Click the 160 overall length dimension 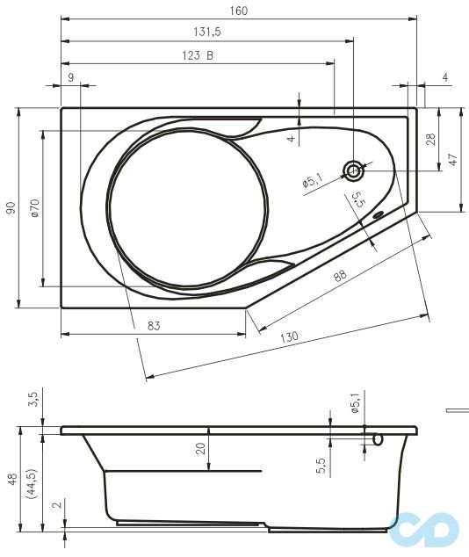[238, 11]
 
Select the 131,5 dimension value [206, 33]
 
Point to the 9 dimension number [70, 77]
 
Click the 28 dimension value [430, 139]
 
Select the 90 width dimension [11, 207]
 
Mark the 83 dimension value [153, 326]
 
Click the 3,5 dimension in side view [33, 400]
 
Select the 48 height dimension [11, 479]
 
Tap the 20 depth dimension [200, 449]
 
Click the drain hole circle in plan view [353, 171]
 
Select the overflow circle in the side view [378, 438]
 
